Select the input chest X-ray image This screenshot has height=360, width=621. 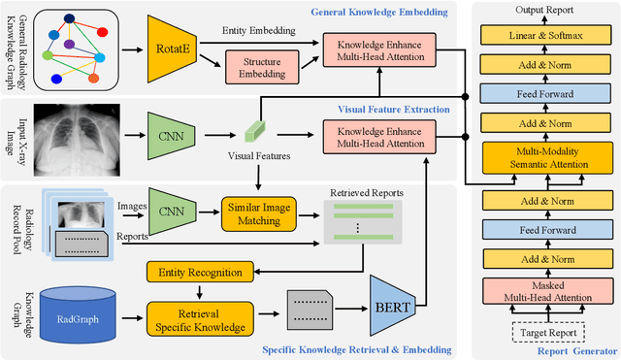tap(74, 133)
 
